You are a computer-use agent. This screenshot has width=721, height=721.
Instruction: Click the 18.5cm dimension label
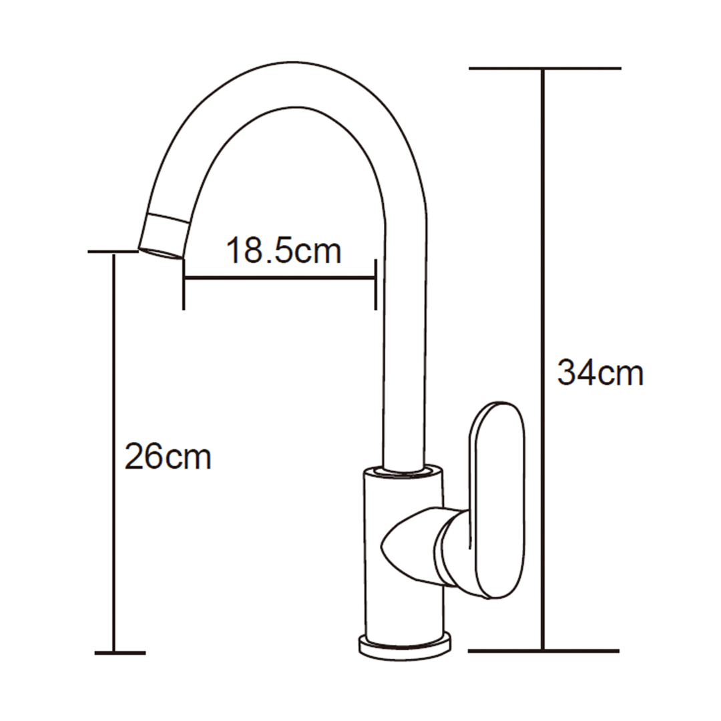(x=284, y=251)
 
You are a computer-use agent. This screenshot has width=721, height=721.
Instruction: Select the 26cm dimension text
(x=168, y=457)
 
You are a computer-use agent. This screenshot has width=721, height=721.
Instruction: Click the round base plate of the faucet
(x=405, y=647)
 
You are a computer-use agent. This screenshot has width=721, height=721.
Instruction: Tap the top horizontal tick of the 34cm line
(x=545, y=68)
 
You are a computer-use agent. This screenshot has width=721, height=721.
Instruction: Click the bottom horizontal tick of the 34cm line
(x=543, y=650)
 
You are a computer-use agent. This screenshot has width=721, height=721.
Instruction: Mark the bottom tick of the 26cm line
(x=119, y=652)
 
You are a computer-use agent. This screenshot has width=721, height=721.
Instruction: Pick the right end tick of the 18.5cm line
(x=376, y=284)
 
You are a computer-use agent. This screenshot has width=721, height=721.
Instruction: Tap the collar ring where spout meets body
(x=403, y=471)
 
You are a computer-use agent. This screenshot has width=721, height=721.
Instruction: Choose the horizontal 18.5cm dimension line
(x=280, y=278)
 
